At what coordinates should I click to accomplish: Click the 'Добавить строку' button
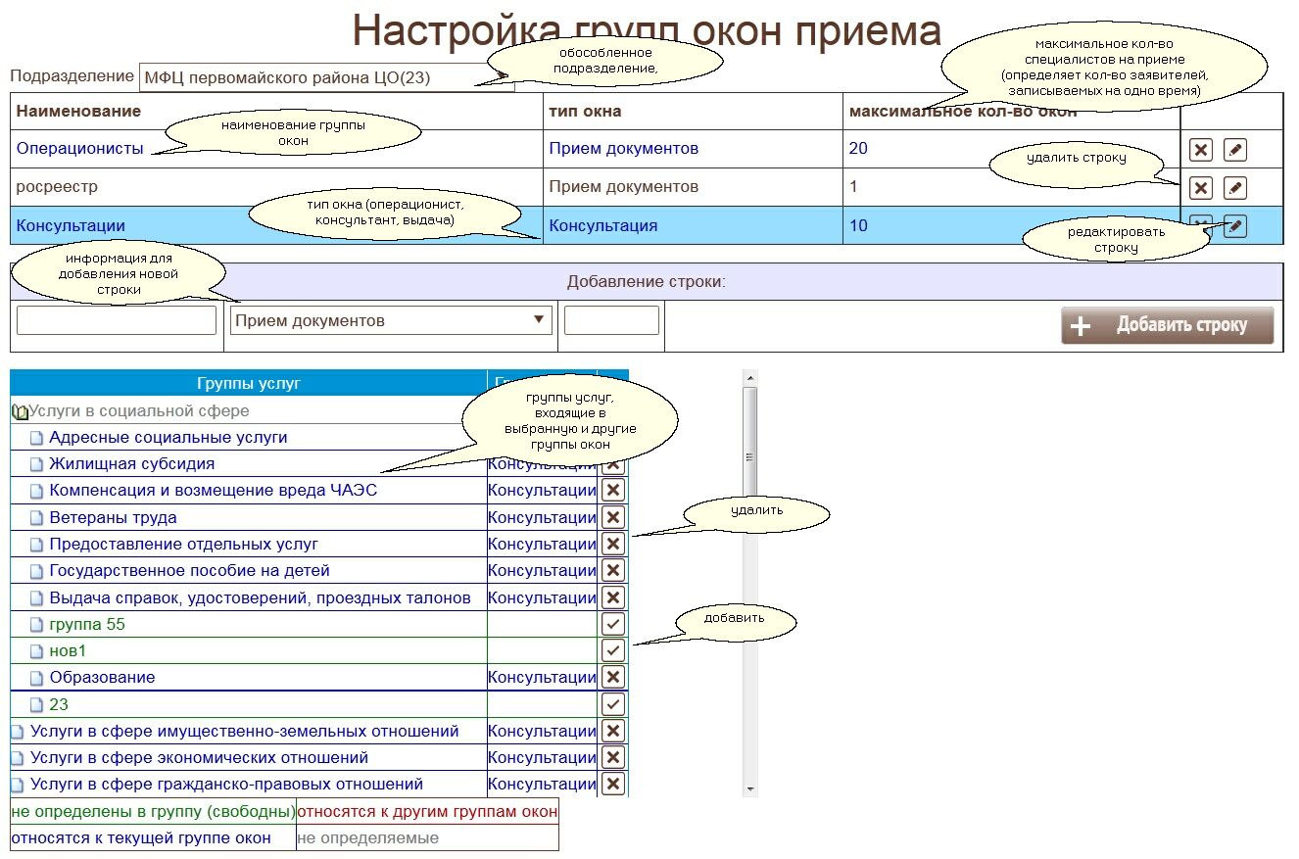coord(1167,325)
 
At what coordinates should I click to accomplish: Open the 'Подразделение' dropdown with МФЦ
coord(326,78)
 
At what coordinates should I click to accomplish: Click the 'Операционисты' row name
coord(79,149)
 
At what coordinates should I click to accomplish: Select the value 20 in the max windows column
coord(858,149)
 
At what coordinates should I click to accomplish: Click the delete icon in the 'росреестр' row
coord(1201,188)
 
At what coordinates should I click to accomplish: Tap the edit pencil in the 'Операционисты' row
coord(1235,150)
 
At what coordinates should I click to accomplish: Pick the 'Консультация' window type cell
coord(602,226)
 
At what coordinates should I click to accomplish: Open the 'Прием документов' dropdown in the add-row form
coord(391,320)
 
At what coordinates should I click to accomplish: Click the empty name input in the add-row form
coord(117,320)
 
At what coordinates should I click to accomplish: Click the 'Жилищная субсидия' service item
coord(131,464)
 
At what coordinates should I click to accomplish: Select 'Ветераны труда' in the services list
coord(113,517)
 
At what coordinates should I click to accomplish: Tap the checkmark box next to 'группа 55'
coord(613,624)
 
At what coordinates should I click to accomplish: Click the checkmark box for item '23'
coord(613,704)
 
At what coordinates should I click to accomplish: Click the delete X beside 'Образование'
coord(613,677)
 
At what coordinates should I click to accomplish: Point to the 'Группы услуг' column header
coord(248,383)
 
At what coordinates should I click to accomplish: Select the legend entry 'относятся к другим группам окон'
coord(426,812)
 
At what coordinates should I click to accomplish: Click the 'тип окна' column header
coord(585,112)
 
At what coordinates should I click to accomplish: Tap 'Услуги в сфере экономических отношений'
coord(199,757)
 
